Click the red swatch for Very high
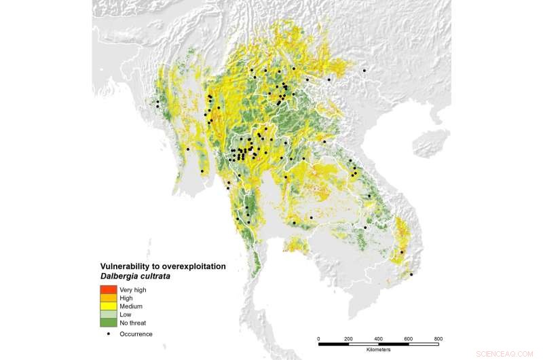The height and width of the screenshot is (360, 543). [109, 290]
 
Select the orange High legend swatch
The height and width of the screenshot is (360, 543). [109, 298]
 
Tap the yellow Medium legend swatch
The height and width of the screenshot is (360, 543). [109, 306]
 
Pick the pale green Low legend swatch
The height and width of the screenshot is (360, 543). [109, 314]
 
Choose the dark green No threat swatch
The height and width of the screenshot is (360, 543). [109, 323]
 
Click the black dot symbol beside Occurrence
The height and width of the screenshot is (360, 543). [109, 334]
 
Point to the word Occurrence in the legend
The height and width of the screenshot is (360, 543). [136, 334]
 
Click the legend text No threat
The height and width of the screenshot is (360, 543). [132, 323]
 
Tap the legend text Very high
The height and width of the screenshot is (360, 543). [132, 290]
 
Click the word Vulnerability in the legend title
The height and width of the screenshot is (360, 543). [124, 267]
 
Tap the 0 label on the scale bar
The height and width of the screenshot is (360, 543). [319, 338]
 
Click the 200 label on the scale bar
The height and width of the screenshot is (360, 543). [349, 338]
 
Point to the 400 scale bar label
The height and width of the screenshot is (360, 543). [379, 338]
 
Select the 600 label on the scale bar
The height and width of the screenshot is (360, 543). [409, 338]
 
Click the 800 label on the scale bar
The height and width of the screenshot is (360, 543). [438, 338]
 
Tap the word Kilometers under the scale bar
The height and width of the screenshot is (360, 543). [379, 351]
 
